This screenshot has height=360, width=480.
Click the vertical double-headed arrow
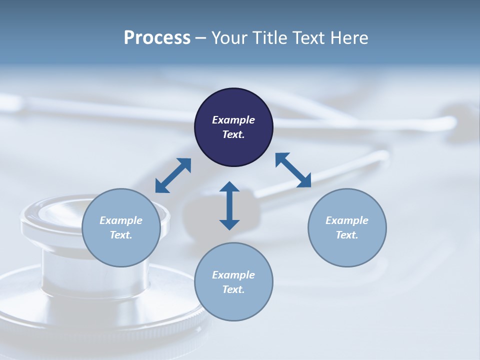click(229, 205)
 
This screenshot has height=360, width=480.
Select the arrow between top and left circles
click(173, 175)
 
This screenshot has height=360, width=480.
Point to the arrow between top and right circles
click(293, 170)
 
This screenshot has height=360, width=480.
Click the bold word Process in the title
click(157, 38)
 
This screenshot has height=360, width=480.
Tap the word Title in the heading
click(270, 38)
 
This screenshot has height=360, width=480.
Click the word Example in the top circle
click(233, 120)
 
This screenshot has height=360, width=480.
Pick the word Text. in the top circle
click(233, 134)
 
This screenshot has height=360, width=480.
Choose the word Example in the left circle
click(121, 220)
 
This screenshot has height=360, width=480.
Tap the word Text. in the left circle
click(121, 235)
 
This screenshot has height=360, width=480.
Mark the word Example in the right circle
click(347, 220)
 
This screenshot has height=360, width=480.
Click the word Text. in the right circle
click(347, 235)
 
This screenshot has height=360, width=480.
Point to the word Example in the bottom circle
click(233, 275)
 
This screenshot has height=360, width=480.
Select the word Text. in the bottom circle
click(233, 289)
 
